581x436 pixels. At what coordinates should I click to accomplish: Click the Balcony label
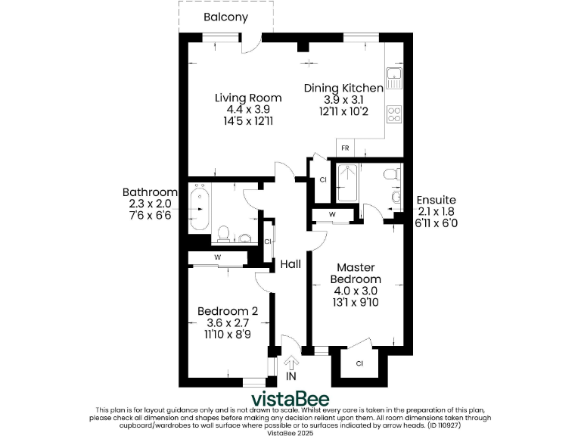[x=225, y=17]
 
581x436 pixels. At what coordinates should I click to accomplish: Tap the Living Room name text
[x=248, y=98]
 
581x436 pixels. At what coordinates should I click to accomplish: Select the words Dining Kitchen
[x=343, y=89]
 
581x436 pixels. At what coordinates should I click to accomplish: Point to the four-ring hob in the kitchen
[x=394, y=114]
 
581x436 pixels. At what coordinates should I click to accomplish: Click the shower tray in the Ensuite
[x=348, y=182]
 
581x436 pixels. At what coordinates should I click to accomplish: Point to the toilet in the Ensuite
[x=390, y=175]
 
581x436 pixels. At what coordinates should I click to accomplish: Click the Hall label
[x=290, y=264]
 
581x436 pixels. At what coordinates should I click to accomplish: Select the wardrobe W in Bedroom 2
[x=218, y=257]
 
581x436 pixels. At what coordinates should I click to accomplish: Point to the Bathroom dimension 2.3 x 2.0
[x=150, y=204]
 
